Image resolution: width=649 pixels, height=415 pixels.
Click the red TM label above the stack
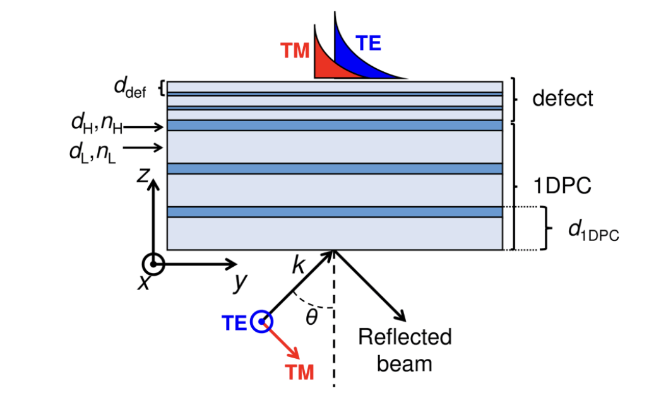[295, 51]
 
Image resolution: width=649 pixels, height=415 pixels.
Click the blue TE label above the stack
[369, 43]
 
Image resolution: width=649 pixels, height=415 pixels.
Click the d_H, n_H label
[96, 126]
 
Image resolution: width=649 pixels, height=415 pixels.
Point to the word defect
[563, 98]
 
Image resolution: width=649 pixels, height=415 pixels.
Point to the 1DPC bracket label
[561, 187]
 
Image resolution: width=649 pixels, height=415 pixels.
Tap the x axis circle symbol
[153, 264]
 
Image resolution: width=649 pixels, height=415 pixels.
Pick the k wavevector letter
[298, 266]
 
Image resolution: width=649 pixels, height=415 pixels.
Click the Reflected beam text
[405, 349]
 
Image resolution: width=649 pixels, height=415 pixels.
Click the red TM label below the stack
[300, 373]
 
